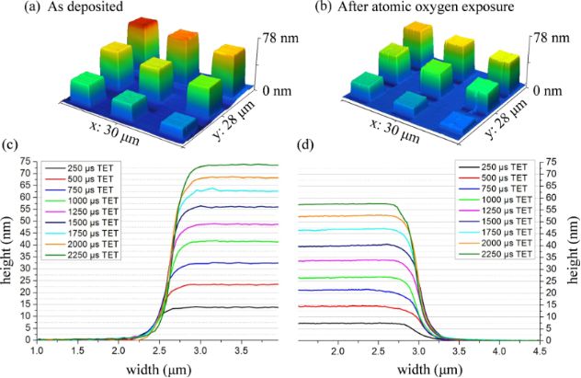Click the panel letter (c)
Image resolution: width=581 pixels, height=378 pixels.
[x=9, y=143]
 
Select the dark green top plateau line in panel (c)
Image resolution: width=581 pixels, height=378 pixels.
[x=230, y=166]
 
